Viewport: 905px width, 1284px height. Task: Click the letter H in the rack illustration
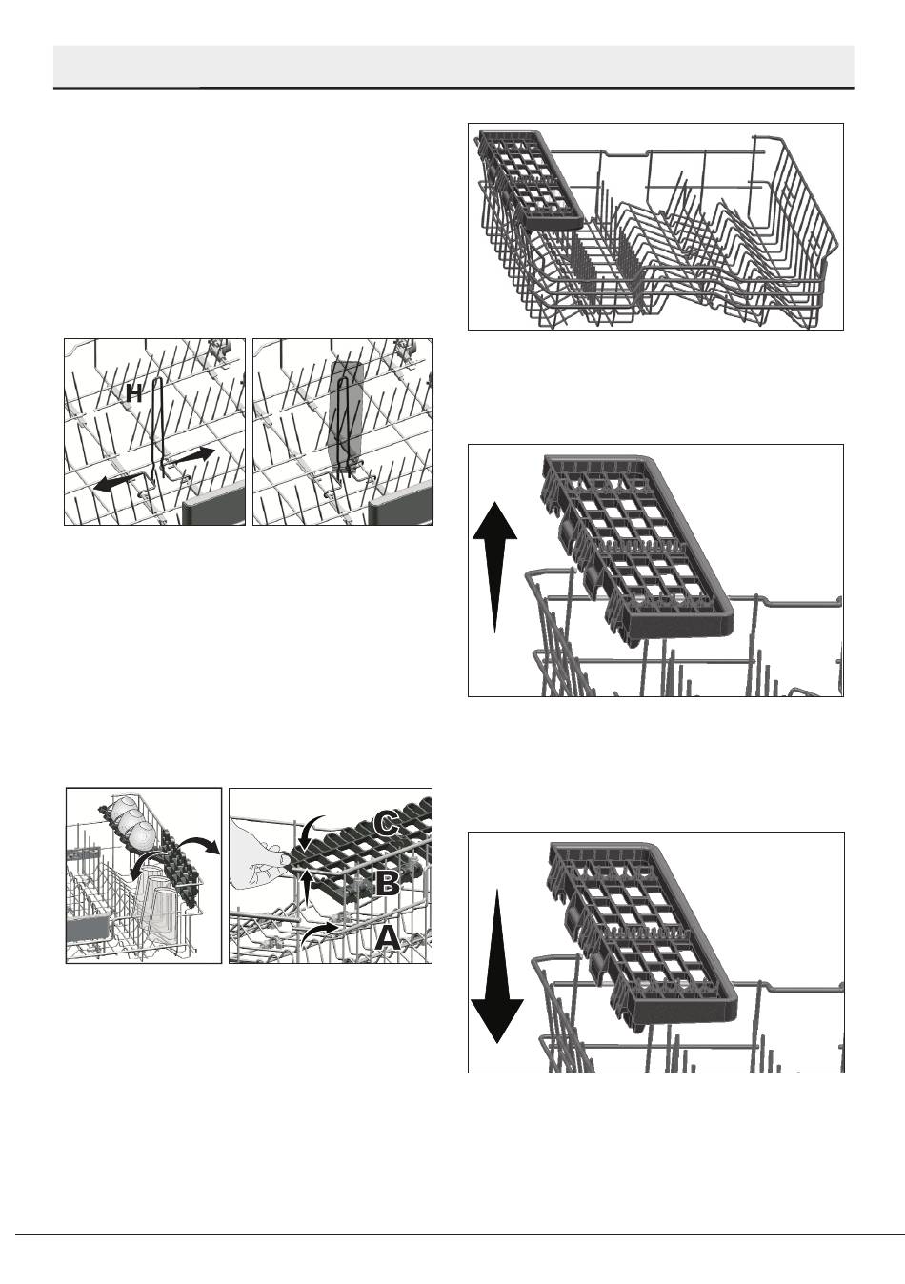pyautogui.click(x=134, y=393)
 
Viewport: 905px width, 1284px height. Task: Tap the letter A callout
pyautogui.click(x=387, y=939)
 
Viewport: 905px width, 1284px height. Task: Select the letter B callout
pyautogui.click(x=388, y=883)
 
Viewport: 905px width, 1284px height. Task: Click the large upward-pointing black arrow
pyautogui.click(x=494, y=567)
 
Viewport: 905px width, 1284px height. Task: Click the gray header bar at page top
pyautogui.click(x=454, y=67)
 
